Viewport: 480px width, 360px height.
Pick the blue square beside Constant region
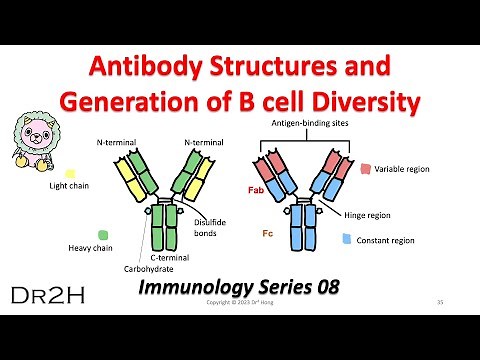tap(346, 239)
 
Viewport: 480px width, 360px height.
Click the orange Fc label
tap(253, 232)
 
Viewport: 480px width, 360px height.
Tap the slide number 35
tap(441, 302)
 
